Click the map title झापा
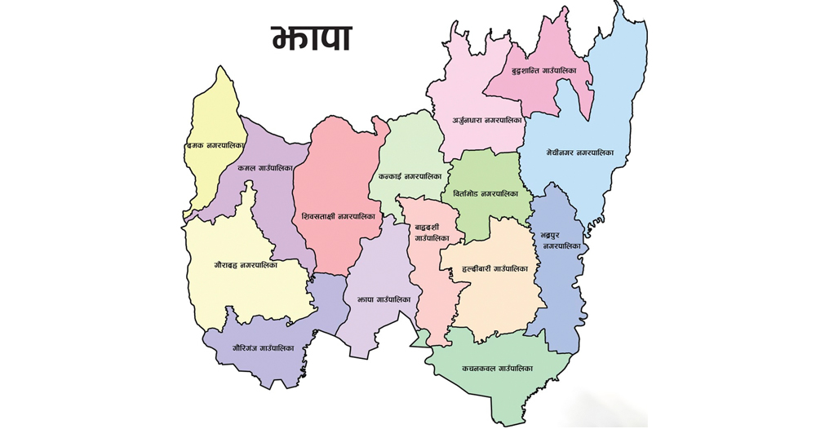312,38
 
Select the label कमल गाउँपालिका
265,168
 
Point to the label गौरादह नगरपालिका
246,266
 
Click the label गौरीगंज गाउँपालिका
261,348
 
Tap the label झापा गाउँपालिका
384,299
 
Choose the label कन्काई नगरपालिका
410,176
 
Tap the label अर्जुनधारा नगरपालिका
487,121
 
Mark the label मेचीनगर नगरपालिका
579,153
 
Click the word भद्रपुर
553,235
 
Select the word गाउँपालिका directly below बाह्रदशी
432,238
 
